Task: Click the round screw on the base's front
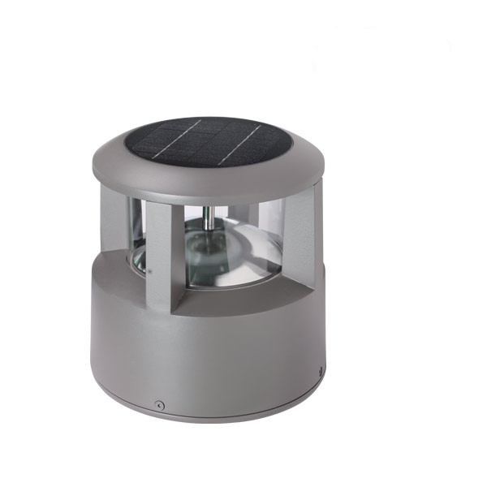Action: point(160,403)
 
